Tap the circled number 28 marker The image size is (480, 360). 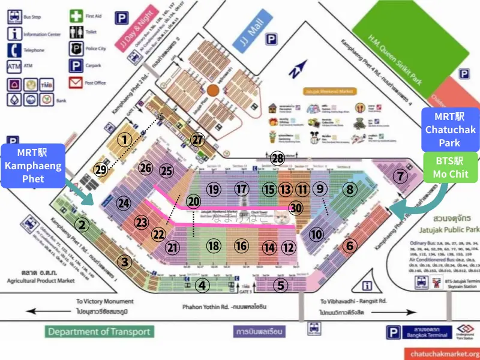click(x=277, y=158)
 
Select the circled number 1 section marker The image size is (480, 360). click(x=124, y=140)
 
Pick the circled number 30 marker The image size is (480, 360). click(x=295, y=208)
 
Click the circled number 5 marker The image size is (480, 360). click(x=280, y=285)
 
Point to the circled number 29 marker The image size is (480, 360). click(x=101, y=170)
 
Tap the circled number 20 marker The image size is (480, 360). click(x=193, y=202)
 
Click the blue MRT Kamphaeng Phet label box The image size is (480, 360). click(x=34, y=166)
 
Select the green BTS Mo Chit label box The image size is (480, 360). click(x=449, y=167)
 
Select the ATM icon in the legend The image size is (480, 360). click(x=14, y=66)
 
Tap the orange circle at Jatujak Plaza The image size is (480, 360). click(x=213, y=91)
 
